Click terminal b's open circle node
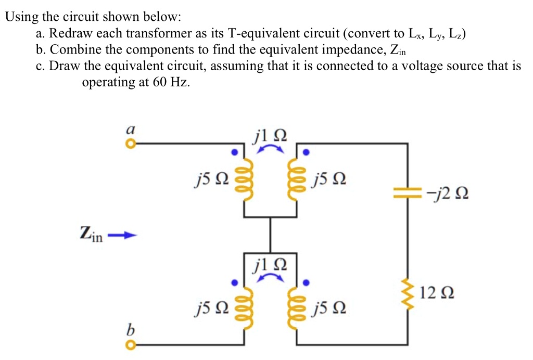[x=132, y=344]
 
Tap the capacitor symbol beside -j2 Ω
[x=407, y=195]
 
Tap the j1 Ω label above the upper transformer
[x=270, y=137]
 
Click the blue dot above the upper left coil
[x=235, y=153]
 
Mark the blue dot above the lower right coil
[x=307, y=283]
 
